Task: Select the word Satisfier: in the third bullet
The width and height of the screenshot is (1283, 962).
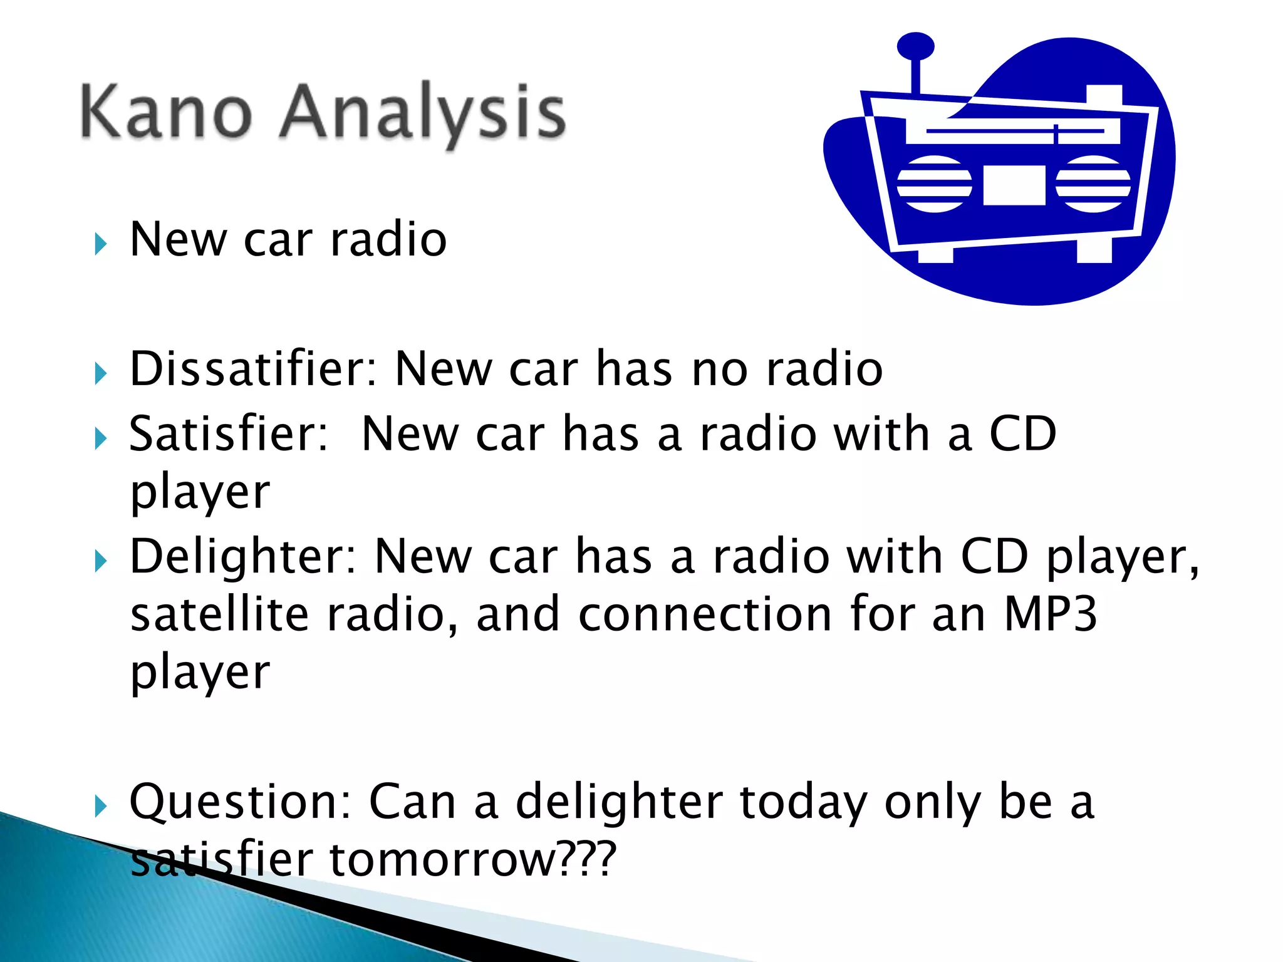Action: click(x=229, y=434)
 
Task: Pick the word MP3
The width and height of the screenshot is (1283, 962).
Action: click(x=1051, y=614)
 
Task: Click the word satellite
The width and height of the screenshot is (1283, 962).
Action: click(x=219, y=614)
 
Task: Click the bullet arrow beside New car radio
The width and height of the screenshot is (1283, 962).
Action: click(x=101, y=244)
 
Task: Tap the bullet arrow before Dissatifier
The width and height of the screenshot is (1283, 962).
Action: click(x=101, y=374)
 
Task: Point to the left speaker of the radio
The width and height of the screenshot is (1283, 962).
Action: click(x=934, y=184)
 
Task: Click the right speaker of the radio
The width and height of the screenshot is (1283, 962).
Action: click(x=1093, y=184)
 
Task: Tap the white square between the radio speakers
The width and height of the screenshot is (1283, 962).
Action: click(x=1014, y=185)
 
